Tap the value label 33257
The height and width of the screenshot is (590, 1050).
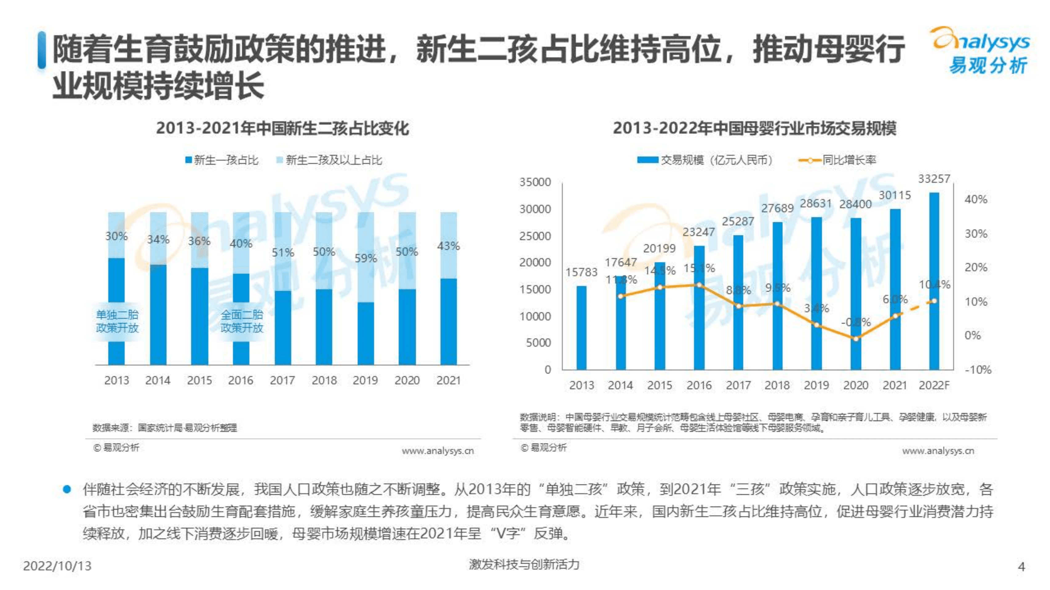(934, 179)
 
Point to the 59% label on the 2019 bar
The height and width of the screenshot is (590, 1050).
(365, 258)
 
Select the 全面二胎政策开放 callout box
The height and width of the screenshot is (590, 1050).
(242, 321)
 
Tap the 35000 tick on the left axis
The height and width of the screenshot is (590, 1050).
(535, 182)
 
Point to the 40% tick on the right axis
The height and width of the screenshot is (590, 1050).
(976, 200)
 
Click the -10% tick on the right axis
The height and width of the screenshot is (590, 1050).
(978, 370)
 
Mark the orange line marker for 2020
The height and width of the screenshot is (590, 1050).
(856, 339)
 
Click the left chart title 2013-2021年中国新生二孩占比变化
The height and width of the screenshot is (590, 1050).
(282, 128)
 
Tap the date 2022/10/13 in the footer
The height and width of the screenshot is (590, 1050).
(58, 566)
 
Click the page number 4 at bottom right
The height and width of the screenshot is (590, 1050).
(1021, 566)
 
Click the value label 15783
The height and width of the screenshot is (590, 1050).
(581, 272)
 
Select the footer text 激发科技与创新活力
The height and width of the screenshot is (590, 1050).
(524, 564)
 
